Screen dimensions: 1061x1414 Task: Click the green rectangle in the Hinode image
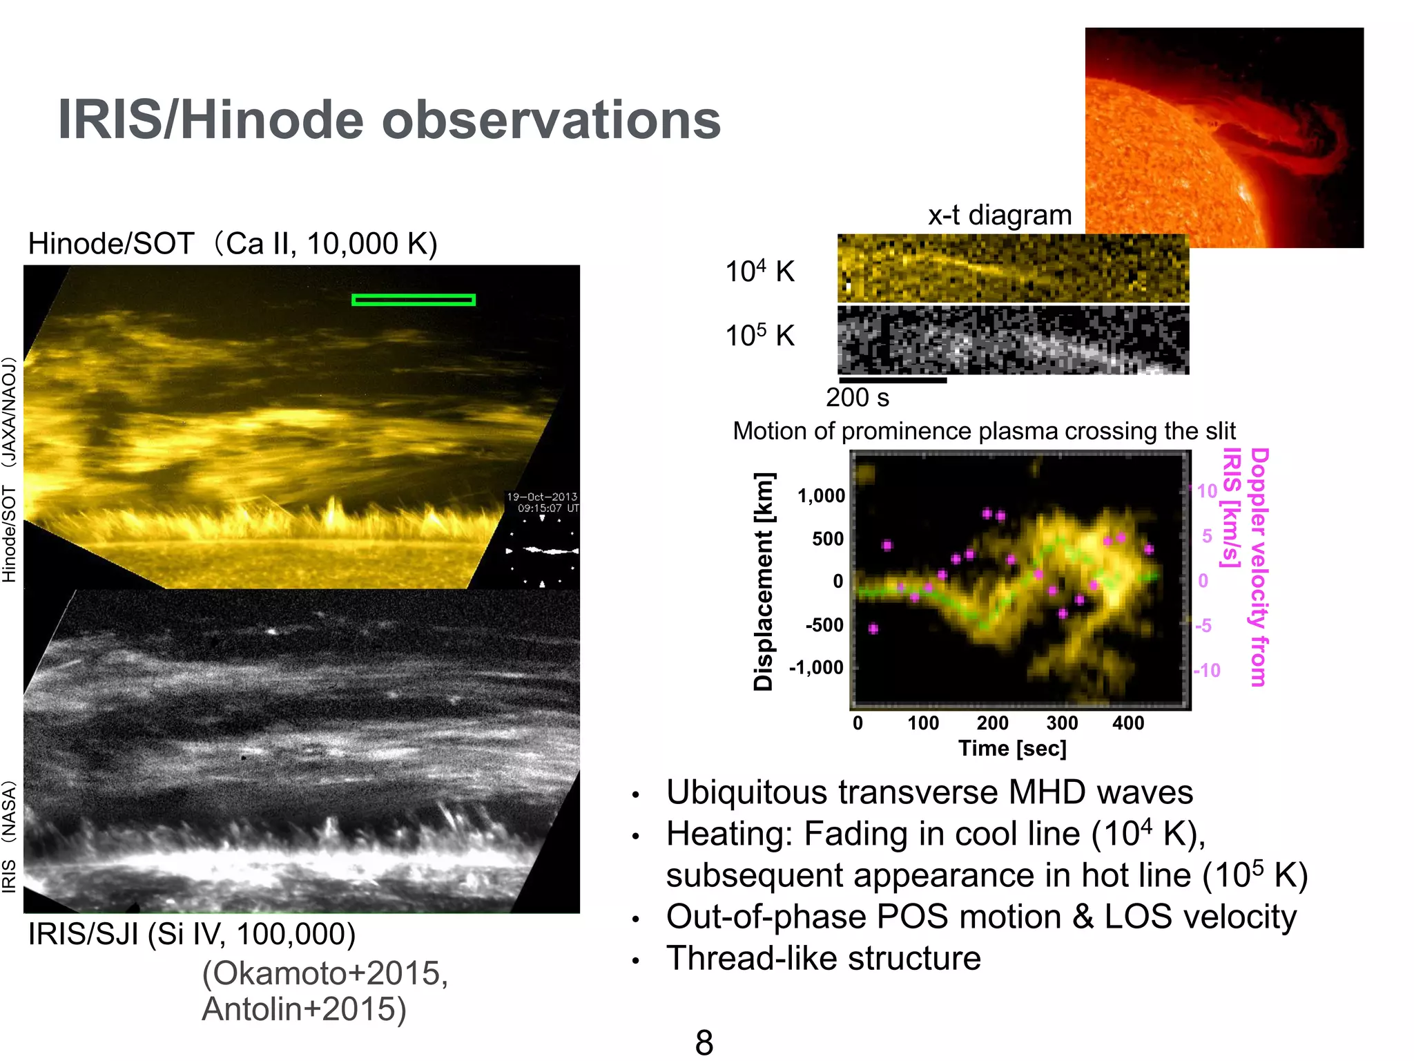[413, 300]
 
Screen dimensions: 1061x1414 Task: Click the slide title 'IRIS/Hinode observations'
[389, 120]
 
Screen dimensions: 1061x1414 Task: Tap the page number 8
[704, 1042]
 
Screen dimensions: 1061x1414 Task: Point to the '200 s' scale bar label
[857, 398]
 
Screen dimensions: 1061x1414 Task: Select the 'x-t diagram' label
[999, 216]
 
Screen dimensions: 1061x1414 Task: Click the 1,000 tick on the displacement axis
[821, 496]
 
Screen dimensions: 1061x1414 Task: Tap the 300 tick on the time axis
[1061, 723]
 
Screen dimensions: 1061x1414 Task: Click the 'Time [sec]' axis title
[1011, 749]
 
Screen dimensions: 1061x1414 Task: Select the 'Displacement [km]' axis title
[763, 582]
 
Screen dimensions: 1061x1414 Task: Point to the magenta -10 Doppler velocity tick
[1207, 671]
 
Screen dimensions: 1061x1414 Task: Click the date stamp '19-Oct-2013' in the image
[541, 497]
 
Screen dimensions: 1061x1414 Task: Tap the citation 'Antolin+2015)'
[304, 1009]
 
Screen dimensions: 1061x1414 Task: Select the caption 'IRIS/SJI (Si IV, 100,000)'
[191, 935]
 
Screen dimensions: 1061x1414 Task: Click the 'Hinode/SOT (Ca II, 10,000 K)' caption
[232, 244]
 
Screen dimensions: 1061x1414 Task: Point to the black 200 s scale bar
[892, 380]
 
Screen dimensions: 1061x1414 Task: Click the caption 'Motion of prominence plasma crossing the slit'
[983, 431]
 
